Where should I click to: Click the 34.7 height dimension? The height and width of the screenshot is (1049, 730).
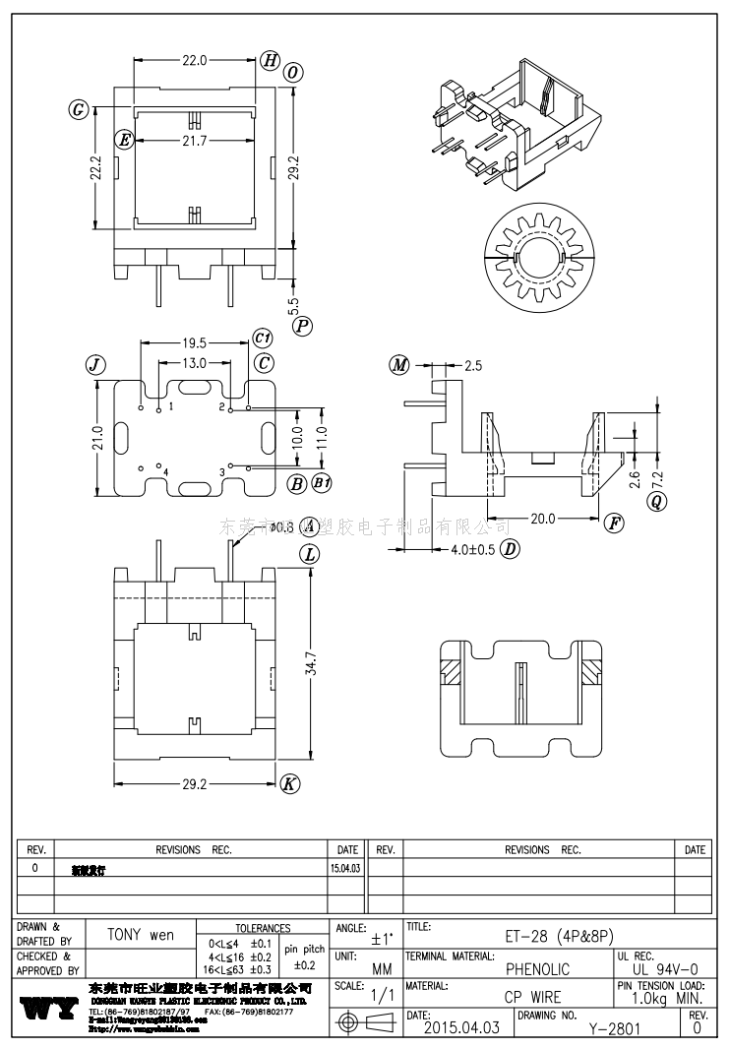click(x=312, y=667)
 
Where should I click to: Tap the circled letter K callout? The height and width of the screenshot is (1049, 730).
click(x=289, y=784)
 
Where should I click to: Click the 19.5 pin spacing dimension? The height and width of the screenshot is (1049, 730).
click(x=194, y=343)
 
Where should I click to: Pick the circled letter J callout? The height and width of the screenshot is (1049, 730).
click(x=95, y=365)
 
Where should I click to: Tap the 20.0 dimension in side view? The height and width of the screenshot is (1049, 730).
click(x=542, y=518)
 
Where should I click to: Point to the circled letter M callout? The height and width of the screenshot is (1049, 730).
click(x=399, y=366)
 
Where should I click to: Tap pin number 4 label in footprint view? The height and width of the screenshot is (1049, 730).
click(x=165, y=472)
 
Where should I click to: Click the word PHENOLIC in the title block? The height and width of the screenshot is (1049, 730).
click(x=537, y=969)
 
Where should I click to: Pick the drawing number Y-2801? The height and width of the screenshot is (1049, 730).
click(x=615, y=1029)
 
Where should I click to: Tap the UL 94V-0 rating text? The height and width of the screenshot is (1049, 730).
click(x=665, y=969)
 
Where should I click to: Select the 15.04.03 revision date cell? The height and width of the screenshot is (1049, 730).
click(x=346, y=869)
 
